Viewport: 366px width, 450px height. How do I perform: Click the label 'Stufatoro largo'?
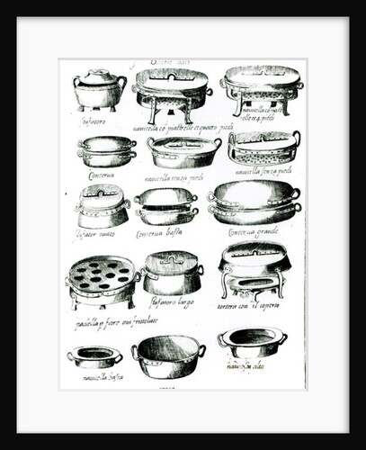tap(172, 301)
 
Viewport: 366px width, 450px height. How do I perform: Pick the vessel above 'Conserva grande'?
tap(254, 202)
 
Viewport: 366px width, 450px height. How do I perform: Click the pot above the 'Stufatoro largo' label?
tap(172, 272)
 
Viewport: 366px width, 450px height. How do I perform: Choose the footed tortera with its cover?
tap(254, 267)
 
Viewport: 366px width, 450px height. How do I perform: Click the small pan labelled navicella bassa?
tap(94, 356)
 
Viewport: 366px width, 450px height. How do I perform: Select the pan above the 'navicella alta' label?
tap(253, 343)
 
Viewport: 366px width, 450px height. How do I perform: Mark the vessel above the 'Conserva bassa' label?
tap(165, 206)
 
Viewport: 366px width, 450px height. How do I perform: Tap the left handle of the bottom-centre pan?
tap(136, 352)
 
